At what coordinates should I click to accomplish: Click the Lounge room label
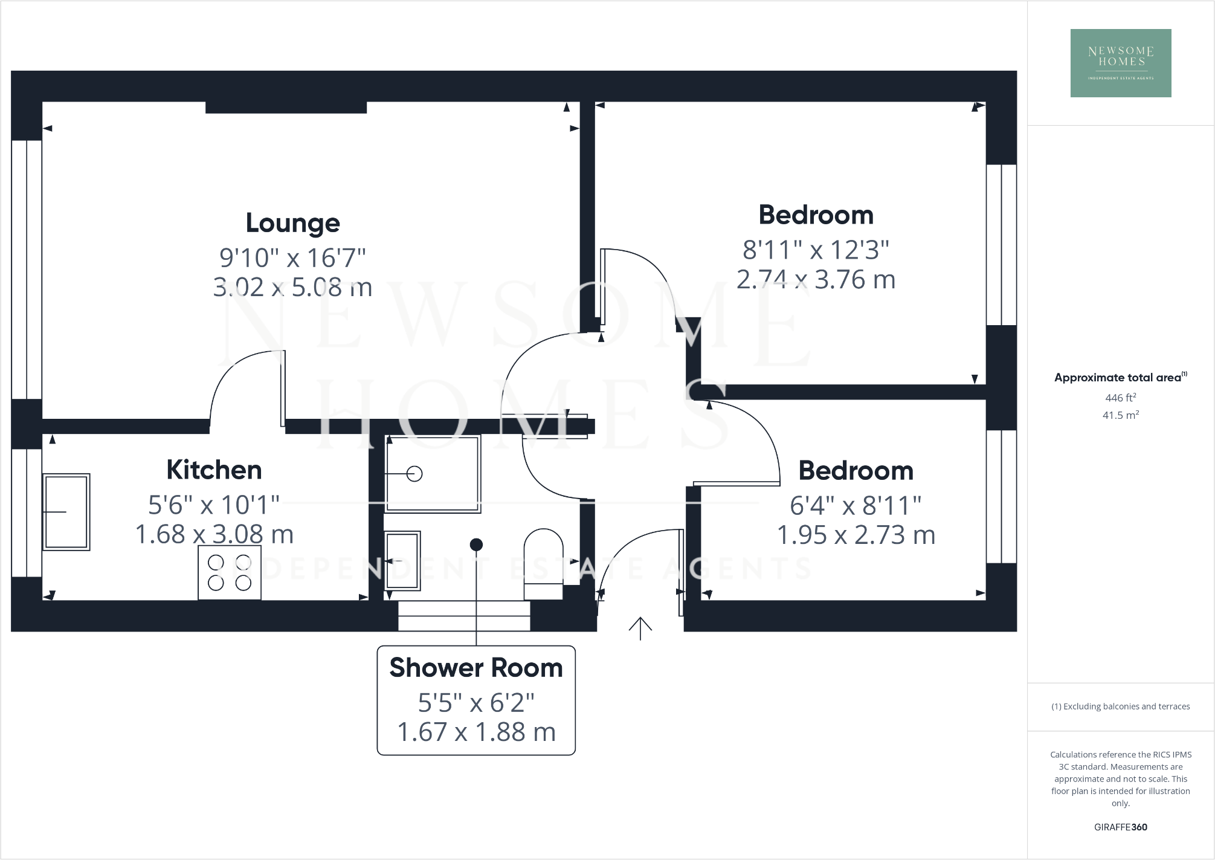pyautogui.click(x=292, y=223)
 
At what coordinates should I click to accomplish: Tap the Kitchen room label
pyautogui.click(x=214, y=470)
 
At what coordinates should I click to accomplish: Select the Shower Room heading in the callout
pyautogui.click(x=476, y=668)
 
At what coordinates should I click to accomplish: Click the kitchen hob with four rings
pyautogui.click(x=230, y=573)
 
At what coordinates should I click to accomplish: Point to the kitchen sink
pyautogui.click(x=66, y=512)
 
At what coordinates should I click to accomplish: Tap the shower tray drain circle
pyautogui.click(x=414, y=474)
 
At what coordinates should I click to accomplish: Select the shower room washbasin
pyautogui.click(x=402, y=560)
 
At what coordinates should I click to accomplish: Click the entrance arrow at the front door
pyautogui.click(x=640, y=628)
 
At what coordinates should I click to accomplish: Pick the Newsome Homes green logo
pyautogui.click(x=1121, y=63)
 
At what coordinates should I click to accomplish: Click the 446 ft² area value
pyautogui.click(x=1120, y=398)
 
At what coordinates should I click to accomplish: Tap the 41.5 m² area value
pyautogui.click(x=1120, y=415)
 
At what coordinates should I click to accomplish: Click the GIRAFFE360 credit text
pyautogui.click(x=1120, y=827)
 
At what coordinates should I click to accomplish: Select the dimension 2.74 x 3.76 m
pyautogui.click(x=816, y=280)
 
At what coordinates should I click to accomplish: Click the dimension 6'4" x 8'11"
pyautogui.click(x=856, y=506)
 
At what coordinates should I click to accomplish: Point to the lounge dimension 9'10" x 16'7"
pyautogui.click(x=292, y=258)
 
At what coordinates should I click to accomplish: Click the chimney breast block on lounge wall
pyautogui.click(x=286, y=108)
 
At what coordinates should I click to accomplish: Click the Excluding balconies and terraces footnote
pyautogui.click(x=1120, y=706)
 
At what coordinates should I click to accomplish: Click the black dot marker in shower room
pyautogui.click(x=476, y=545)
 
